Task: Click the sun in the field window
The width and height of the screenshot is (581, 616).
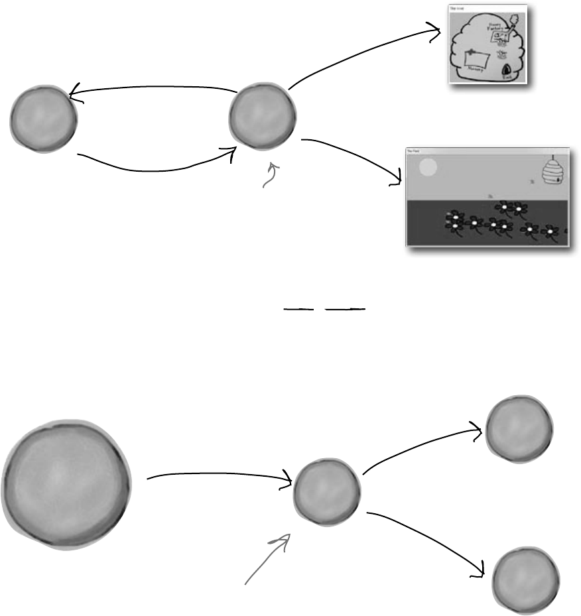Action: tap(428, 167)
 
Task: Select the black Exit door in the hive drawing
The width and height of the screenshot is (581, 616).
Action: tap(506, 69)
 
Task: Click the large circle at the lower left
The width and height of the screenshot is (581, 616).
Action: tap(66, 485)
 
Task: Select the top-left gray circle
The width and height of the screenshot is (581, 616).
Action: tap(44, 119)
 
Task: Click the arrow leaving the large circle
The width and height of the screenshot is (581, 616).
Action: tap(219, 475)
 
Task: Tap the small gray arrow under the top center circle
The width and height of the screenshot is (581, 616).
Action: tap(271, 176)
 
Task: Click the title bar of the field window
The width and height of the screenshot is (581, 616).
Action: tap(487, 152)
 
